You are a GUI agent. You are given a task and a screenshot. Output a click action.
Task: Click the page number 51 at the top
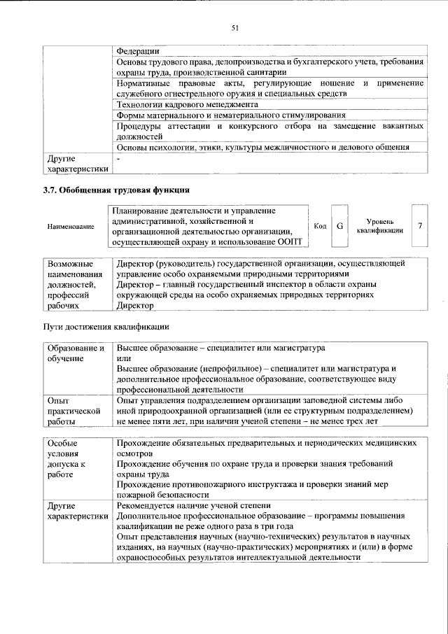pos(235,28)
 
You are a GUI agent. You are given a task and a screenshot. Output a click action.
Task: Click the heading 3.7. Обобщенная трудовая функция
pos(116,190)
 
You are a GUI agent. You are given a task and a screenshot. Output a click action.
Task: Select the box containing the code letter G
pos(339,226)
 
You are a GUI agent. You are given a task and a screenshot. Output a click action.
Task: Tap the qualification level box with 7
pos(419,226)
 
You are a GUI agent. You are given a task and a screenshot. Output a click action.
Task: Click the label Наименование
pos(71,227)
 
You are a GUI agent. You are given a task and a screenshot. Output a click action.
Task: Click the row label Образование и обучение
pos(75,353)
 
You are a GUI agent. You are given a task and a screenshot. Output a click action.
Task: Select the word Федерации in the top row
pos(137,51)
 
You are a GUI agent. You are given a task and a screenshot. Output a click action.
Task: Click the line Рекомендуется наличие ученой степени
pos(194,505)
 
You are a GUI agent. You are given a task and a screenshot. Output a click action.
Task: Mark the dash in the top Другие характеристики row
pos(119,159)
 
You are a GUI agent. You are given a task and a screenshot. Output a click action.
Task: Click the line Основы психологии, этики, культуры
pos(262,147)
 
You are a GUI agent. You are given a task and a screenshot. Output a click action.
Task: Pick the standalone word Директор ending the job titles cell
pos(136,306)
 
